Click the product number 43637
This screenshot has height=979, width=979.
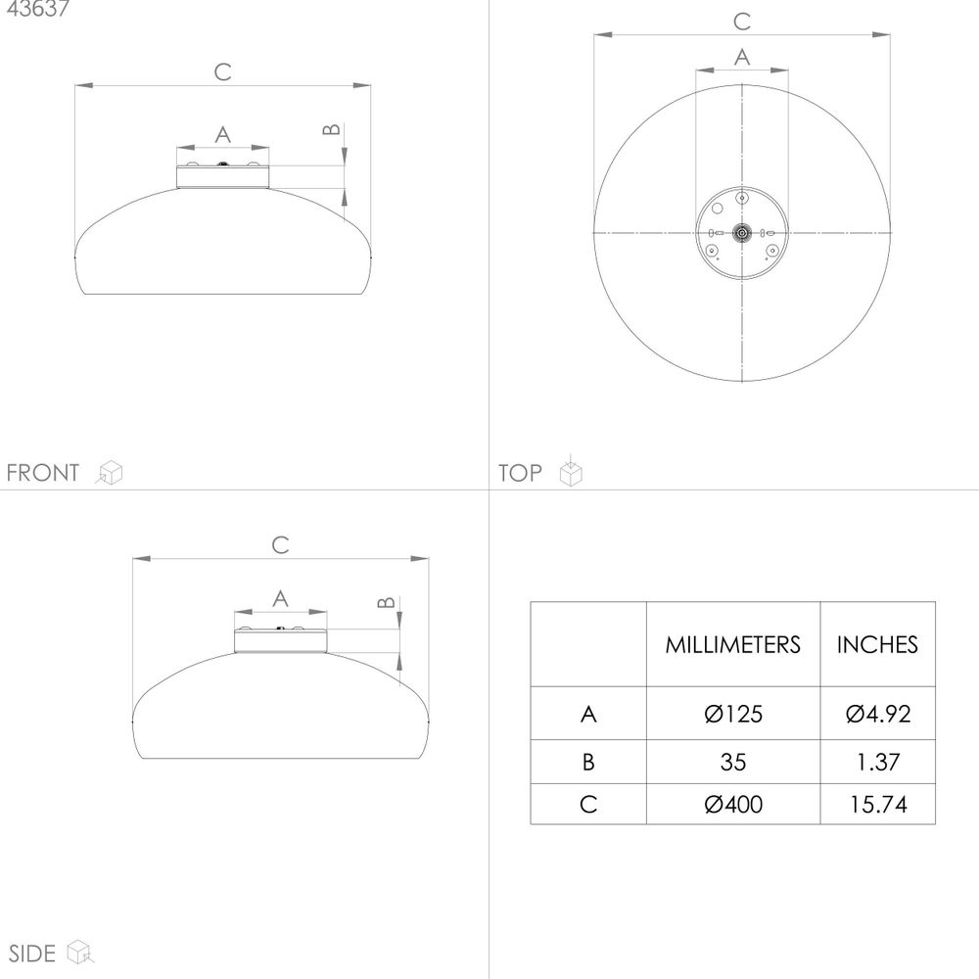click(37, 8)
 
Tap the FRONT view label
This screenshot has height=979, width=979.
click(43, 473)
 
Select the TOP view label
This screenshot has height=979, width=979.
click(520, 473)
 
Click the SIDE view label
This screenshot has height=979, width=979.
click(32, 954)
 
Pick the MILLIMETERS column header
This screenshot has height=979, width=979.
click(732, 645)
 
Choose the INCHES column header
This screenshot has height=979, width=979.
click(877, 645)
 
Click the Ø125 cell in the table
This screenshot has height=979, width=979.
click(733, 714)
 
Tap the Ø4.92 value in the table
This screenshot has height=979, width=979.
click(878, 714)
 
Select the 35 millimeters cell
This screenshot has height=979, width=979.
click(733, 762)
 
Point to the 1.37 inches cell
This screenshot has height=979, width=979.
click(878, 762)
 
